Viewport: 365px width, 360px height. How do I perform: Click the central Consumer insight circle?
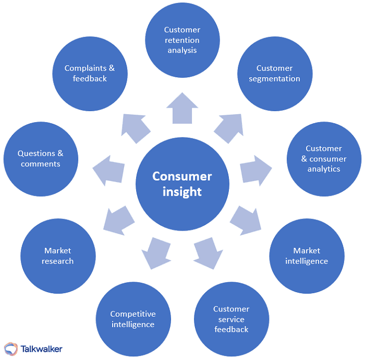click(x=183, y=184)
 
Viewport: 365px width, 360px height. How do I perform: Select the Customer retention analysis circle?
click(x=182, y=40)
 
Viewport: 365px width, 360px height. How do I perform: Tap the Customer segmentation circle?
click(x=275, y=74)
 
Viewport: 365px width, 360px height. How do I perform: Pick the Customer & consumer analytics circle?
click(x=324, y=159)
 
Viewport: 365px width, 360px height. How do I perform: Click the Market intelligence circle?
click(x=307, y=256)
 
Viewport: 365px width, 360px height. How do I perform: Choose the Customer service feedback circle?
click(x=232, y=319)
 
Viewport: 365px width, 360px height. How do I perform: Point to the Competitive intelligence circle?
click(x=133, y=319)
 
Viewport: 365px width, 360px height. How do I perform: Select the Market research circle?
click(x=58, y=256)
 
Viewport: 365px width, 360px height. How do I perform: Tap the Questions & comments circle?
click(x=41, y=159)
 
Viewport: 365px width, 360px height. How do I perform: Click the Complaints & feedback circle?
click(x=90, y=74)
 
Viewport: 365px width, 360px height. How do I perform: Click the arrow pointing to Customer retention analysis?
click(x=182, y=108)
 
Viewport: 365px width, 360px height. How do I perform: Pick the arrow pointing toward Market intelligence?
click(x=246, y=220)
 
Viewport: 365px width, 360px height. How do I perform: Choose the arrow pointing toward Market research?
click(x=119, y=220)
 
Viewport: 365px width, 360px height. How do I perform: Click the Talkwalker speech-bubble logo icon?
click(x=10, y=348)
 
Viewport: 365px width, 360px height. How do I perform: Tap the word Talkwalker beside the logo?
click(x=41, y=348)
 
